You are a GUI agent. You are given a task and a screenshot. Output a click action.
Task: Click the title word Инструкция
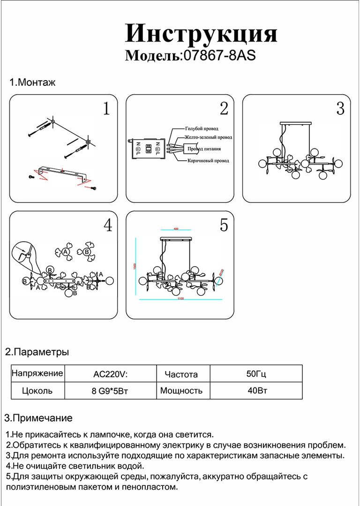click(201, 34)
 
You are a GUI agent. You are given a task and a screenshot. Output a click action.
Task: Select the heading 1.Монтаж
click(33, 83)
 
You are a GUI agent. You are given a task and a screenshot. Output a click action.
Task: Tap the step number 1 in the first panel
click(106, 109)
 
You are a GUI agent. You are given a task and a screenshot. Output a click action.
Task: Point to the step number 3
click(340, 109)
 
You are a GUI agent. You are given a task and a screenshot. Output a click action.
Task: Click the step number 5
click(224, 225)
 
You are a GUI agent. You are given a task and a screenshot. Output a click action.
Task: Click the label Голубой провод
click(202, 128)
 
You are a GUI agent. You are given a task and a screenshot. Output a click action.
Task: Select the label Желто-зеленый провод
click(209, 138)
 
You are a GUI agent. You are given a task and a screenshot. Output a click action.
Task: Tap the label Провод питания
click(204, 149)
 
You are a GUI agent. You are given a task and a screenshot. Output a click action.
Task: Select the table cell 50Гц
click(256, 374)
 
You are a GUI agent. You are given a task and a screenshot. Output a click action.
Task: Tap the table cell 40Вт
click(256, 390)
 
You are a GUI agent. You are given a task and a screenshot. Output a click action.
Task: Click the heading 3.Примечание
click(38, 418)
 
